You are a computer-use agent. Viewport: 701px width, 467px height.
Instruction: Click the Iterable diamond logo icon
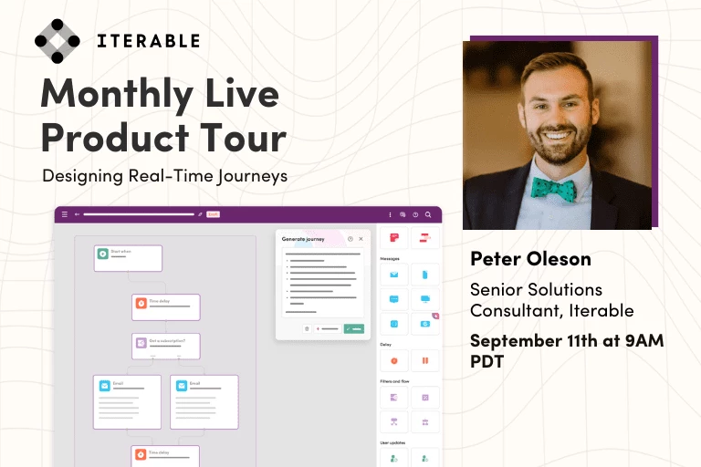pyautogui.click(x=58, y=41)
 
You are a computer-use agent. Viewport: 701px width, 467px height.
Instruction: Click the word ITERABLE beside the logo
pyautogui.click(x=148, y=41)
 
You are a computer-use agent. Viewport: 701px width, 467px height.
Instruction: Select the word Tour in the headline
pyautogui.click(x=247, y=138)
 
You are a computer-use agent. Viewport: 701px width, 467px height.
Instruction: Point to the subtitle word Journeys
pyautogui.click(x=250, y=175)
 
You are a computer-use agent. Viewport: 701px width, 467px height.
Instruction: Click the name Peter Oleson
pyautogui.click(x=530, y=259)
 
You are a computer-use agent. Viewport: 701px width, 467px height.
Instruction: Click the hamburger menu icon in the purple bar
pyautogui.click(x=64, y=215)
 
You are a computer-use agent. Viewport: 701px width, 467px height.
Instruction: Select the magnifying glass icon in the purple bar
pyautogui.click(x=428, y=215)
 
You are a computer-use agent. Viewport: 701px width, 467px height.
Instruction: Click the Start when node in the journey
pyautogui.click(x=128, y=258)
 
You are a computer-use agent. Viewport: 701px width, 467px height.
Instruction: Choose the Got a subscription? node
pyautogui.click(x=165, y=346)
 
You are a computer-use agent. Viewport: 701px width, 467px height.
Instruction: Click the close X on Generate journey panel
pyautogui.click(x=361, y=239)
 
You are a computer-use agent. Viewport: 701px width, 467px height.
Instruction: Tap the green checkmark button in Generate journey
pyautogui.click(x=354, y=327)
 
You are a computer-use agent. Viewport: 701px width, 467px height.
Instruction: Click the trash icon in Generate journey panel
pyautogui.click(x=307, y=327)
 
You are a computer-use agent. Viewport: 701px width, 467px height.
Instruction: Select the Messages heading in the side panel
pyautogui.click(x=390, y=258)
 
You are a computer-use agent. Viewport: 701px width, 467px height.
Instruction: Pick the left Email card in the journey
pyautogui.click(x=127, y=401)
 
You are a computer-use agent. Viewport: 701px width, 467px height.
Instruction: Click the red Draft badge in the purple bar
pyautogui.click(x=213, y=215)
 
